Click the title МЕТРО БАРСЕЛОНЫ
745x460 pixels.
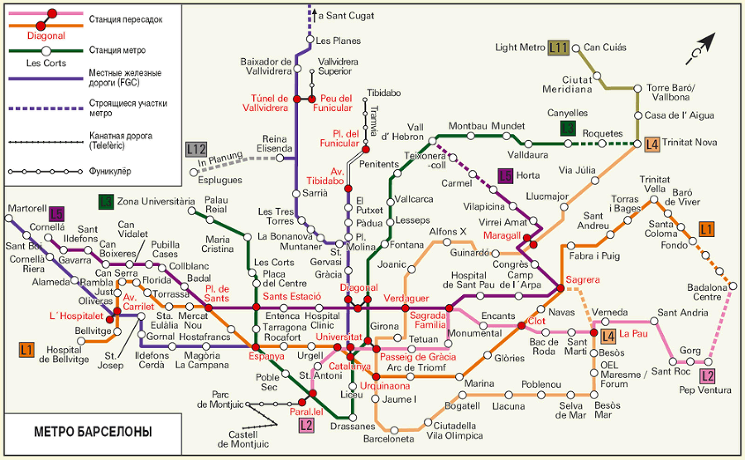pos(94,433)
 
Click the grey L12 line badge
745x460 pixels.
pos(196,149)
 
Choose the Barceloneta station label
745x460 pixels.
pos(388,439)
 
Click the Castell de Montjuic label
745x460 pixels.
pos(244,439)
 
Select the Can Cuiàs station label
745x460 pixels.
pos(605,47)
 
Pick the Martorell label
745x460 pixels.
pos(25,207)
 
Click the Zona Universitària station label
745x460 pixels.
pos(155,201)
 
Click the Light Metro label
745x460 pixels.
pos(520,48)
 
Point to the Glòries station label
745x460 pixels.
pos(510,358)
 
